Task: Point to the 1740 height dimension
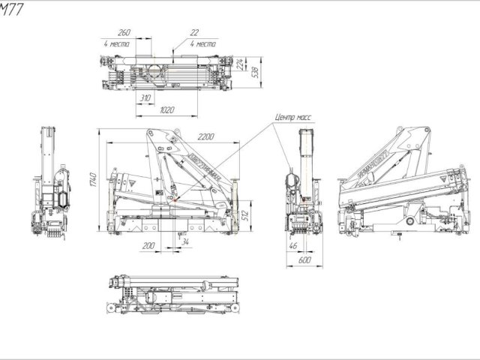click(x=94, y=180)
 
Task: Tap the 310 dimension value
click(x=145, y=98)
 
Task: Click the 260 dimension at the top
click(x=124, y=34)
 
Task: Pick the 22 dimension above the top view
click(x=195, y=34)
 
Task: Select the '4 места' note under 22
click(x=202, y=44)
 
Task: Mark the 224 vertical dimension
click(x=240, y=66)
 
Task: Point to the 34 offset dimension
click(x=184, y=241)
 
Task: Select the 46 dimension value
click(x=293, y=246)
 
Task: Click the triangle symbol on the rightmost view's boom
click(x=455, y=178)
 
